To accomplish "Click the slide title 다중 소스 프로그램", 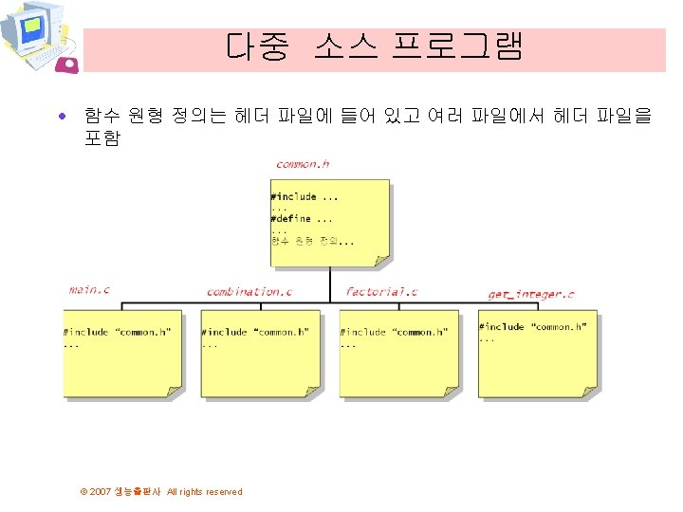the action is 375,46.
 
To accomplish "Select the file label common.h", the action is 303,164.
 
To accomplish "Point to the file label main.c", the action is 89,289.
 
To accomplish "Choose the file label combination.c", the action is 249,291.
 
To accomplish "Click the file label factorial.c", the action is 381,291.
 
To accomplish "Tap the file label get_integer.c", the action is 530,294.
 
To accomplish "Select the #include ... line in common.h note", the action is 304,197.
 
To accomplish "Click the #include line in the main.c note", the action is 117,333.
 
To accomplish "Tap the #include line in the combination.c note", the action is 255,333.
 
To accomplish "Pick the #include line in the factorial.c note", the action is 394,333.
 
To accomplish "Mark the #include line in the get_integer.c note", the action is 532,327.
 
